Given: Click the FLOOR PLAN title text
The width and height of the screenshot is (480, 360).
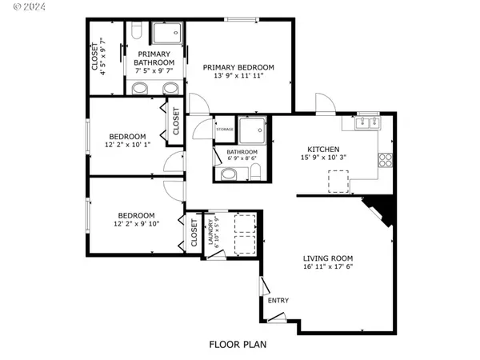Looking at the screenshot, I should [238, 345].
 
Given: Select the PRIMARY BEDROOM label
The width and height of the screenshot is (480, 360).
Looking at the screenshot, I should [238, 68].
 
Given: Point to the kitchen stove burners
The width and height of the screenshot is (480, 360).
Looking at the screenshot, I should [386, 158].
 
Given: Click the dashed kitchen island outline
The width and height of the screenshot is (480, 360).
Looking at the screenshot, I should [338, 183].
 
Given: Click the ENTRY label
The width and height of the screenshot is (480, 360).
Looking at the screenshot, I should [278, 301].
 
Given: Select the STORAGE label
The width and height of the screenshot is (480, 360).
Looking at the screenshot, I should [224, 128].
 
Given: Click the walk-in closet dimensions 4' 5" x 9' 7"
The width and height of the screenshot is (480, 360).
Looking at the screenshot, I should [105, 56].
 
